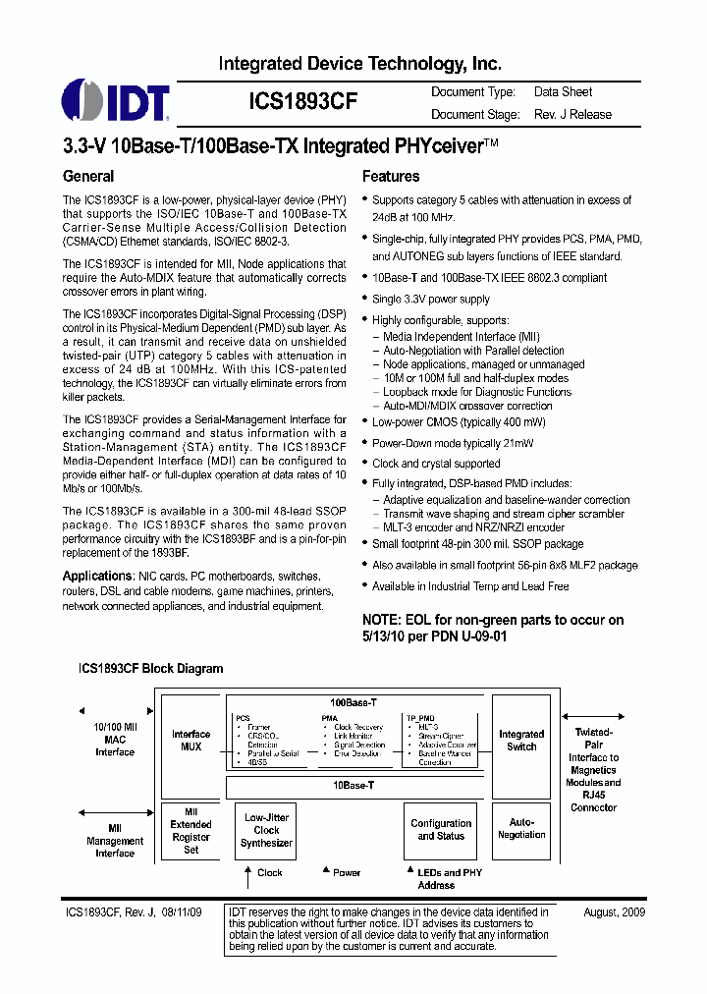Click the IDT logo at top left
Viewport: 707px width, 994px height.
pos(116,101)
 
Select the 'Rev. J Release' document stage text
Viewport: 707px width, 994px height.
pos(572,115)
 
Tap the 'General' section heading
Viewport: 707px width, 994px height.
pos(88,177)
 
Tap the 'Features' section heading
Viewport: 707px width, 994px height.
pos(391,177)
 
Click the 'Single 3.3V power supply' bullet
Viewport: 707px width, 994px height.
pos(430,300)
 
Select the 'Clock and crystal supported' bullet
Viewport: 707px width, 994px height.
pos(436,464)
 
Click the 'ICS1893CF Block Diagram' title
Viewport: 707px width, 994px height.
pos(151,669)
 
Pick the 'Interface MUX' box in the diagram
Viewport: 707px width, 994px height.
pos(191,741)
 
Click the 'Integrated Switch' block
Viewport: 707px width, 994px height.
pos(521,741)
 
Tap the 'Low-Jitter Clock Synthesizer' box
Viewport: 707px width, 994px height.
pos(267,830)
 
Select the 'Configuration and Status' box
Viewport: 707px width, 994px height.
pos(441,830)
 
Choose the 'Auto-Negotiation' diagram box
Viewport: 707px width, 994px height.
pos(521,829)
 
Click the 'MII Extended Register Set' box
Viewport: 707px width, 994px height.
pos(191,831)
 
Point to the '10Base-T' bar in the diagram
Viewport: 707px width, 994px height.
pos(353,786)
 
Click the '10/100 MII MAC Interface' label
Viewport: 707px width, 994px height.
pos(115,740)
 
